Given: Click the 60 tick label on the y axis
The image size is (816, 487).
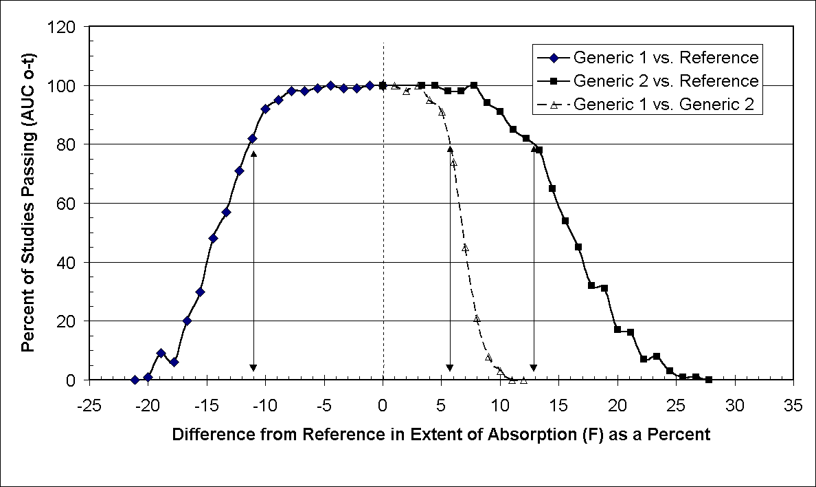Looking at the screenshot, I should pyautogui.click(x=67, y=204).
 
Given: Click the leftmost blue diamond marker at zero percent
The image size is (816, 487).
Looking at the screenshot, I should pyautogui.click(x=135, y=380).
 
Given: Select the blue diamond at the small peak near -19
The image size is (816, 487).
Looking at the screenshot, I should pyautogui.click(x=161, y=353).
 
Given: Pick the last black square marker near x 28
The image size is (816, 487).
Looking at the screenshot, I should pyautogui.click(x=709, y=380).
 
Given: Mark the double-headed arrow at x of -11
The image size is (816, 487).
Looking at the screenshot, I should pyautogui.click(x=253, y=261).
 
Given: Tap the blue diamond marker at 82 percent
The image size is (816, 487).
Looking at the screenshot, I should pyautogui.click(x=252, y=138).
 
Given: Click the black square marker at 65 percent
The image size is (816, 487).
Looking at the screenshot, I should pyautogui.click(x=552, y=188).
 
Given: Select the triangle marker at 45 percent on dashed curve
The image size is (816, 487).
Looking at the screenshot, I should pyautogui.click(x=465, y=248).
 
